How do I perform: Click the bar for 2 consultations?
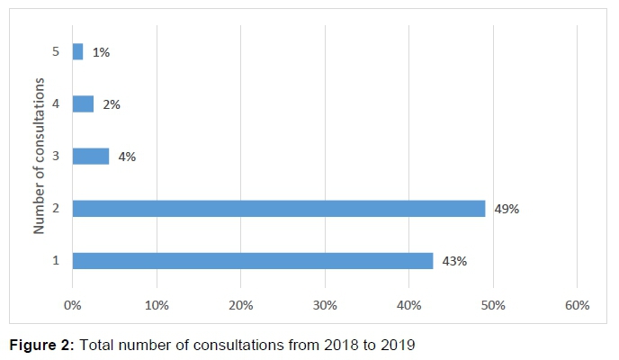279,209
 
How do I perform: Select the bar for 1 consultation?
253,261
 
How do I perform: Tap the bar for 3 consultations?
90,157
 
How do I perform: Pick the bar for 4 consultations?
83,104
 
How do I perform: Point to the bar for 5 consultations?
77,52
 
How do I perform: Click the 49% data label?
507,209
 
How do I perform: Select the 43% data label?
454,261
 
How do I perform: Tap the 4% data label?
127,157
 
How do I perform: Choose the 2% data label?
112,104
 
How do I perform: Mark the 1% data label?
101,52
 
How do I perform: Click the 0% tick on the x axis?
73,305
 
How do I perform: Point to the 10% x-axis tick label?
157,305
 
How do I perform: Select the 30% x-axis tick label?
325,305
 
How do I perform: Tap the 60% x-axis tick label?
577,305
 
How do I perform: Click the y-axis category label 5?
56,52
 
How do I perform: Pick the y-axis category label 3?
56,157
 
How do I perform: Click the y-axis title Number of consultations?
40,156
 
